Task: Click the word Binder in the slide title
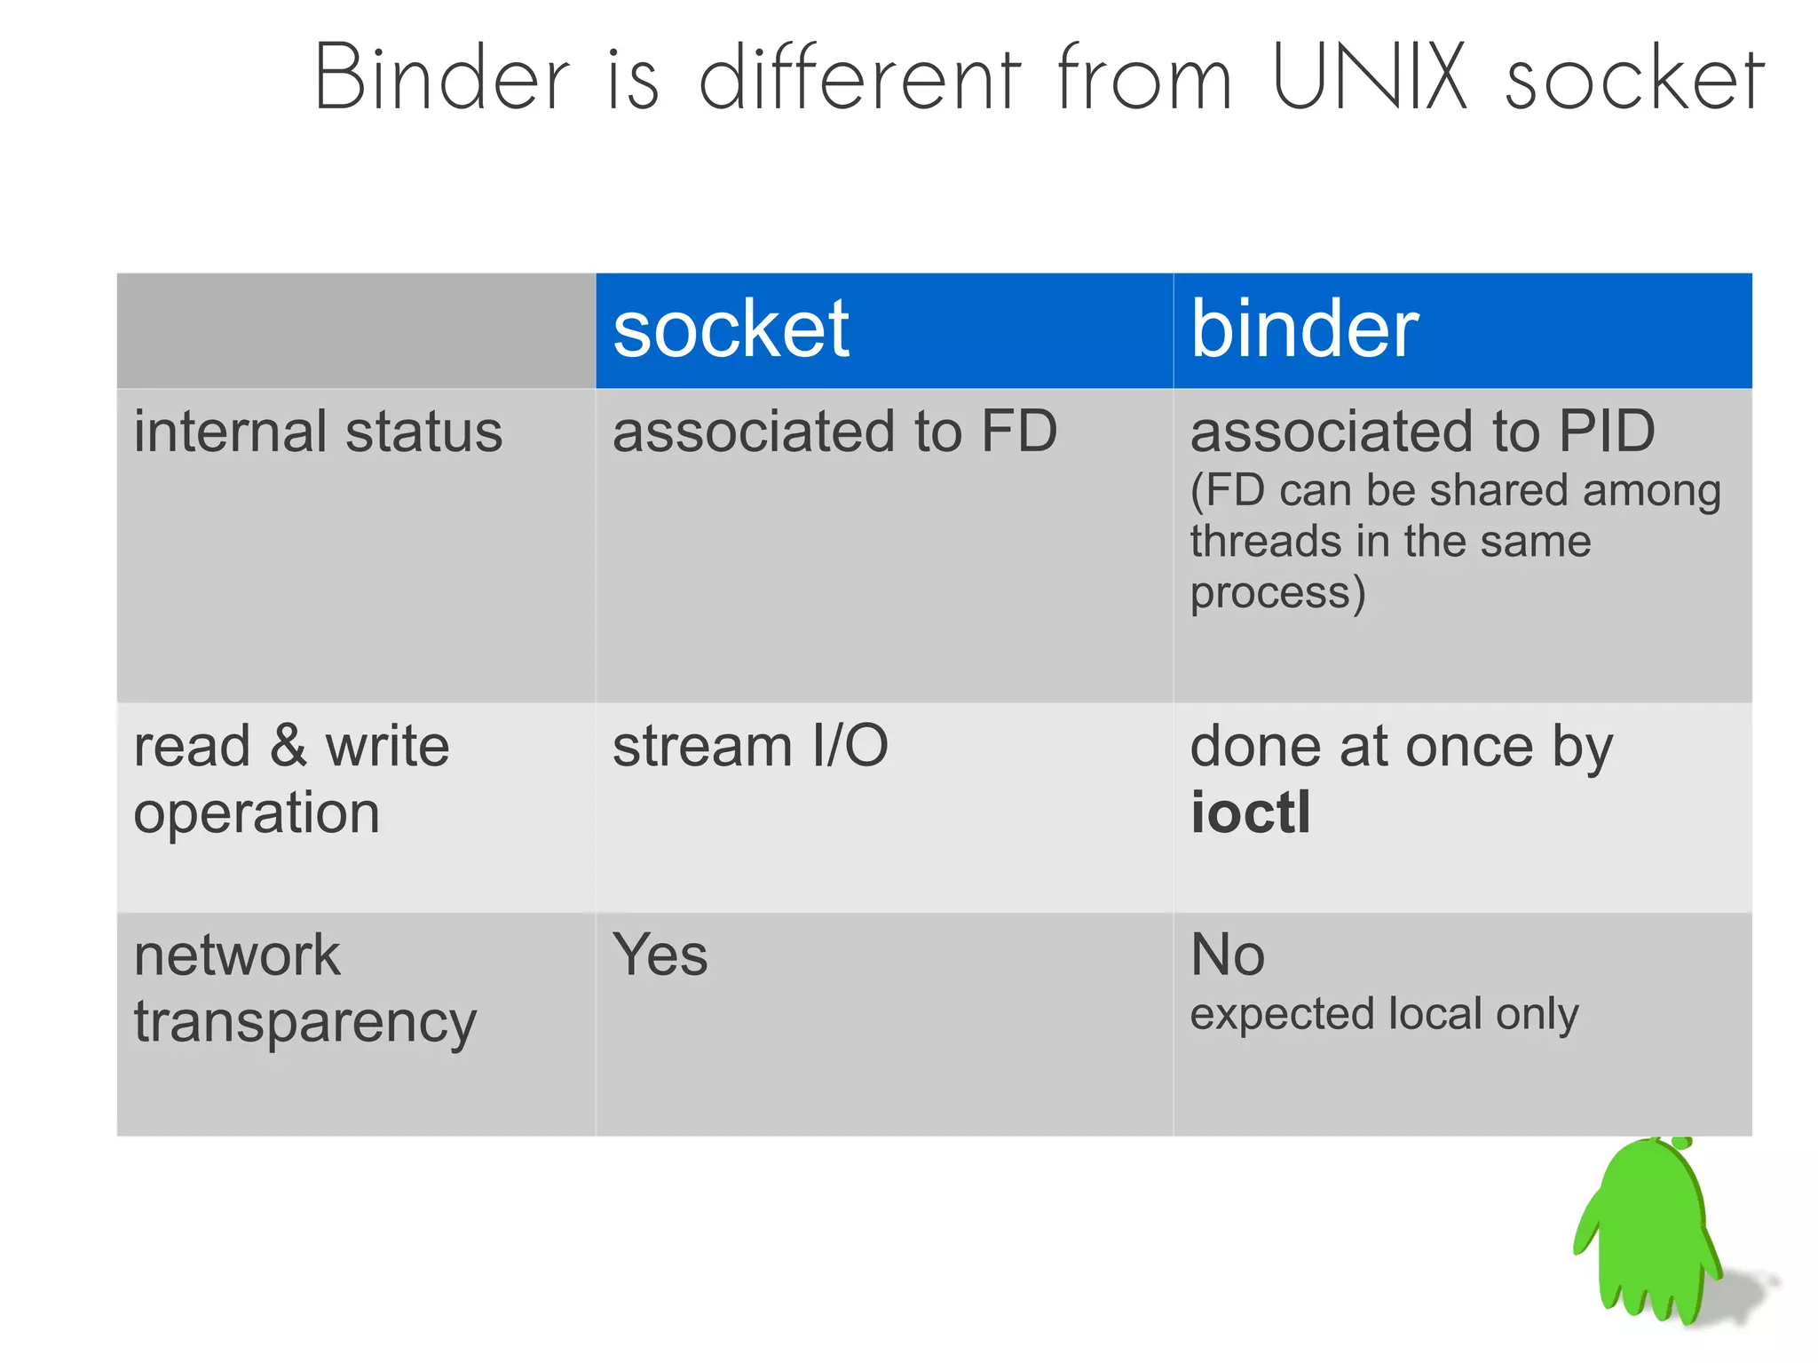coord(441,78)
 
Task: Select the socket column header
coord(731,329)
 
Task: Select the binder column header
coord(1304,329)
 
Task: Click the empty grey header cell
coord(355,330)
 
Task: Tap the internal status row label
coord(318,432)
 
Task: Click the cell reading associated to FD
coord(834,432)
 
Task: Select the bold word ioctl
coord(1250,812)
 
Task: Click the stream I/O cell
coord(750,746)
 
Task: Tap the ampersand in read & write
coord(289,746)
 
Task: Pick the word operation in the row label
coord(257,813)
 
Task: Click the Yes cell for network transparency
coord(660,955)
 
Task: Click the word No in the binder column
coord(1227,955)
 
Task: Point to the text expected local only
coord(1384,1014)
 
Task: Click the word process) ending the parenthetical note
coord(1277,593)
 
